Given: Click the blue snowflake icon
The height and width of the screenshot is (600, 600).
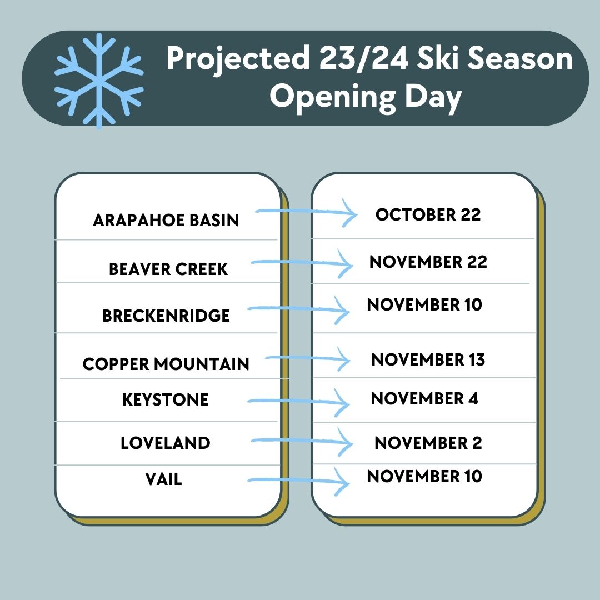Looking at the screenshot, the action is point(99,81).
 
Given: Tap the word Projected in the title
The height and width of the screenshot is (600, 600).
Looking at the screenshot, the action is point(238,58).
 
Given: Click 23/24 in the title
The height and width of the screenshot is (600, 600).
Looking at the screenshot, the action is point(363,58).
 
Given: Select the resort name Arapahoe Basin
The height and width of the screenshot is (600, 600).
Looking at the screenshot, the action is point(166,220).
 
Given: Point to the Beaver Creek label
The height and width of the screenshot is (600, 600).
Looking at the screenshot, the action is point(168,269).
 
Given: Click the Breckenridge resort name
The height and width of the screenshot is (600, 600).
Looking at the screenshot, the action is point(166,316).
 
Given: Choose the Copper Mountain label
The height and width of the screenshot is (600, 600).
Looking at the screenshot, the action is point(166,363).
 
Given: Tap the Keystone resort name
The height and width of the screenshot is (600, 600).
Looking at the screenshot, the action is point(166,399).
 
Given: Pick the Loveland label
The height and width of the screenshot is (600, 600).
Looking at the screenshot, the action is point(166,443).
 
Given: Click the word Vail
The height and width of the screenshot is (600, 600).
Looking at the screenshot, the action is point(163,479).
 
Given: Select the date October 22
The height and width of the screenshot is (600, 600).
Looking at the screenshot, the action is point(428,214).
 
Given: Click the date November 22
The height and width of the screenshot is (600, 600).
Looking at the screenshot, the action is point(428,262).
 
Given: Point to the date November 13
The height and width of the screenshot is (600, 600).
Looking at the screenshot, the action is point(428,359).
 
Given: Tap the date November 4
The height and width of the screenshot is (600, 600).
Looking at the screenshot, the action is point(425,398).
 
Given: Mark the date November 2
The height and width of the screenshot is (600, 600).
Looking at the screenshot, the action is point(428,443).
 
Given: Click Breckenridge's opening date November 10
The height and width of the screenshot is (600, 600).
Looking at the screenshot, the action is point(424,304).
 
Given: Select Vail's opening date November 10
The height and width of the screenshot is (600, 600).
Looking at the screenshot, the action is point(424,476).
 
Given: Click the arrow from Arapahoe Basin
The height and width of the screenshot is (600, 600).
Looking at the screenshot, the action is point(306,211).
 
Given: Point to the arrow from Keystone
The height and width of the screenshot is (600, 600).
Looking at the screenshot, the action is point(298,402).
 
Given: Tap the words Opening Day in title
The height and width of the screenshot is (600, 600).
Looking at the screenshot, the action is point(366,98).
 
